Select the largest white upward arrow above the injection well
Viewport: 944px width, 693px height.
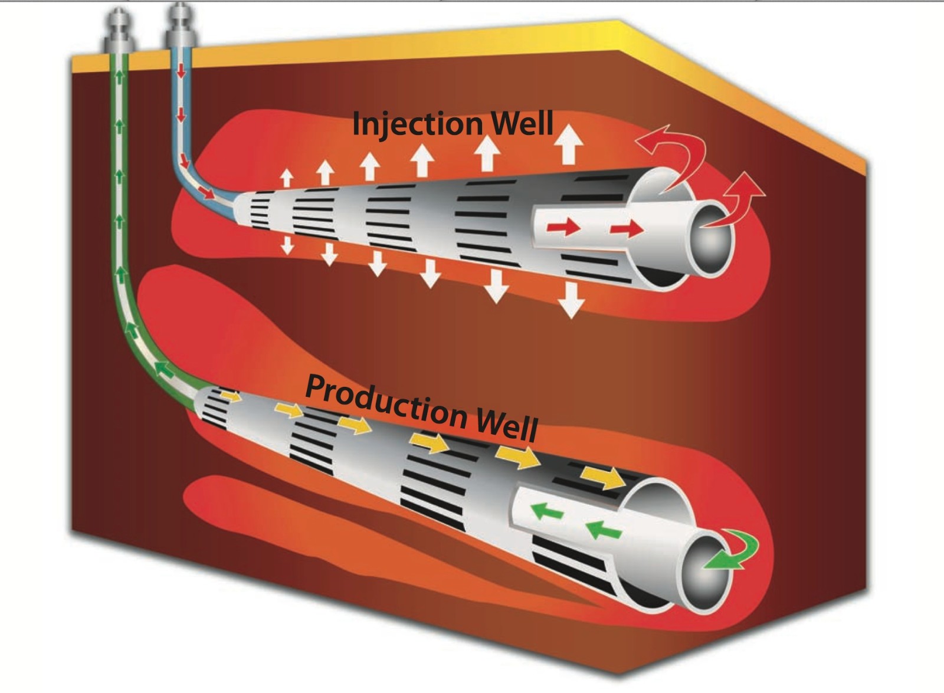pyautogui.click(x=568, y=144)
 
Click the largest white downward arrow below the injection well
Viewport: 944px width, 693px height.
pyautogui.click(x=571, y=300)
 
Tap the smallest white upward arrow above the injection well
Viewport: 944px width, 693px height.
pyautogui.click(x=287, y=179)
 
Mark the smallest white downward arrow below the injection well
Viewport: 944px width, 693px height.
pyautogui.click(x=287, y=245)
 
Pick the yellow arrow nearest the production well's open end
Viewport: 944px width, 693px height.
pyautogui.click(x=602, y=477)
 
